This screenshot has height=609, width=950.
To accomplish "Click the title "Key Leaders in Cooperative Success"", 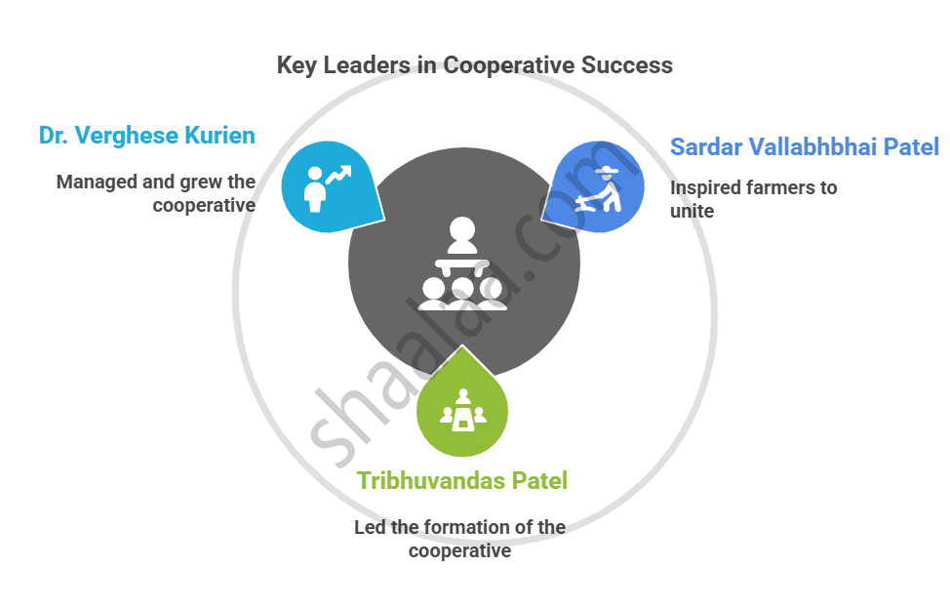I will coord(474,65).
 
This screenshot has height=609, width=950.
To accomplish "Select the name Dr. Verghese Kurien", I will coord(146,136).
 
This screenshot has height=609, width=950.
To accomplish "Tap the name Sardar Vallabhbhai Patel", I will coord(805,147).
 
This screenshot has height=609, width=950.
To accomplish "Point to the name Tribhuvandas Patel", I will coord(462,480).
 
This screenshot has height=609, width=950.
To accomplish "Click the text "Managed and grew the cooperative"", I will coord(156,193).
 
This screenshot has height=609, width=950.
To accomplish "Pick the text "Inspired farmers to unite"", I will coord(753,198).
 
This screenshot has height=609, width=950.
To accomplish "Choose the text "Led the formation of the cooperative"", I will coord(459,539).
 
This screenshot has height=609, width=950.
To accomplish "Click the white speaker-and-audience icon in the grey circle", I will coord(461,265).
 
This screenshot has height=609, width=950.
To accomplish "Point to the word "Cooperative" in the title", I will coord(508,65).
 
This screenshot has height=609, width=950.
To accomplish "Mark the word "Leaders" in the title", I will coord(372,65).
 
